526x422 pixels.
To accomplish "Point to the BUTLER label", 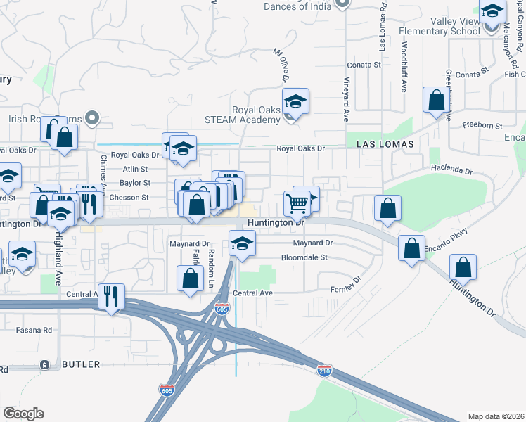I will click(x=81, y=364).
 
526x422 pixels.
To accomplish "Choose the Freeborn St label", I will click(x=482, y=125).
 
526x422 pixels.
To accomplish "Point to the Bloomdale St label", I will click(x=304, y=257).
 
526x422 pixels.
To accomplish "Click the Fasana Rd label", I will click(x=37, y=329).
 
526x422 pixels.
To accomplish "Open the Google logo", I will click(x=23, y=414).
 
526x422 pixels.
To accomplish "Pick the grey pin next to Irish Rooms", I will click(x=91, y=117).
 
